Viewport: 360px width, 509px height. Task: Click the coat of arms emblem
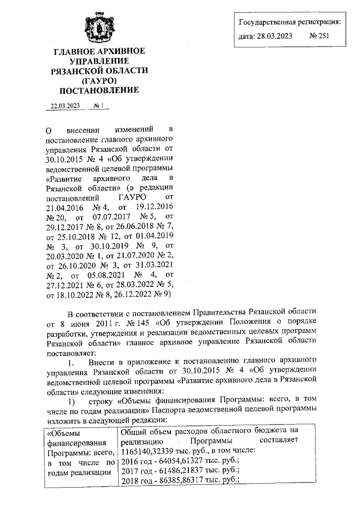[x=99, y=26]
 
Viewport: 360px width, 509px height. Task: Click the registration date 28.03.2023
[x=275, y=37]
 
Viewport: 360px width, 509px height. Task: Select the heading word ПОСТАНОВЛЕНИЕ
[x=99, y=89]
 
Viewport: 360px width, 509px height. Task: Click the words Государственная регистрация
[x=289, y=22]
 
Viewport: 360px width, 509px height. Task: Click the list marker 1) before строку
[x=71, y=402]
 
